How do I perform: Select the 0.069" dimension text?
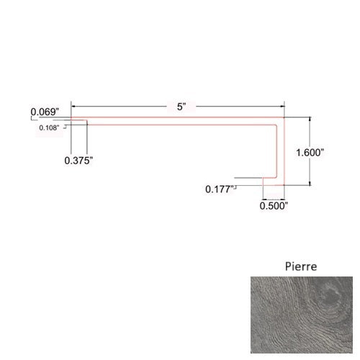[x=45, y=112]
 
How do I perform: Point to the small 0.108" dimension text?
[x=50, y=128]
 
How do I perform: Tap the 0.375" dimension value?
[x=78, y=161]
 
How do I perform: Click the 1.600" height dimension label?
[x=311, y=153]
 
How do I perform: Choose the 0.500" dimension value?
[x=274, y=205]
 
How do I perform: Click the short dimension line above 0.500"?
[x=274, y=198]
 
